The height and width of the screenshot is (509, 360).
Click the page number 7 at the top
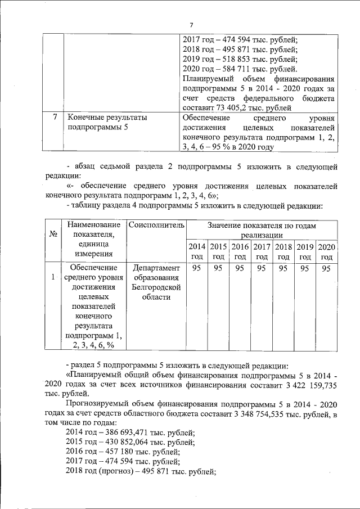click(x=191, y=25)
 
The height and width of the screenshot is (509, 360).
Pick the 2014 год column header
click(x=196, y=251)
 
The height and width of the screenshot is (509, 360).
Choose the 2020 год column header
click(x=326, y=251)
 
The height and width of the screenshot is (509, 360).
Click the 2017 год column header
click(x=262, y=251)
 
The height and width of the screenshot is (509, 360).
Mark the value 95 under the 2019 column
click(x=305, y=268)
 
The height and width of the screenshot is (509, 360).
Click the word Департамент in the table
click(x=156, y=268)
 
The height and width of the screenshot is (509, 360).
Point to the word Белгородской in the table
click(x=156, y=287)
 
